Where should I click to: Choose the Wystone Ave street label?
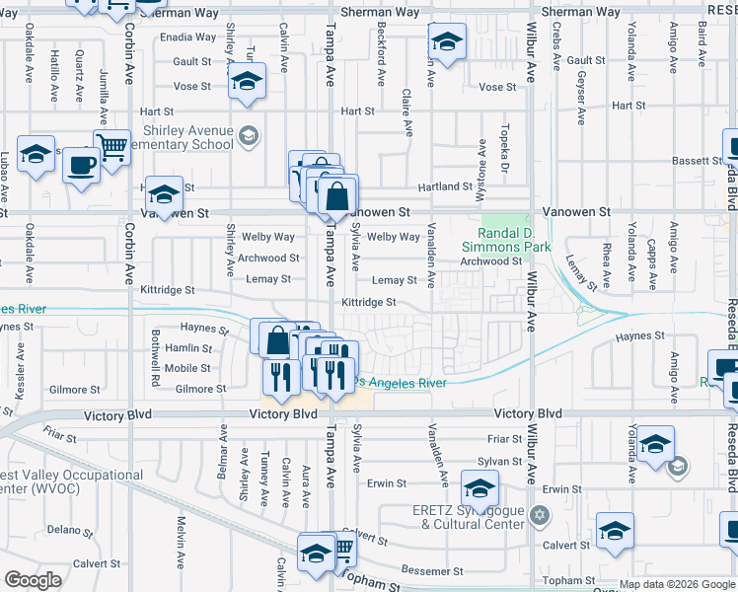pos(482,159)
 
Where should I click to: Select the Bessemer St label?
pos(432,571)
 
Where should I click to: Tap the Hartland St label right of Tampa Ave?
pos(445,186)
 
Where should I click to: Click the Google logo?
pos(33,580)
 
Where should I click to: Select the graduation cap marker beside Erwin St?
pos(480,488)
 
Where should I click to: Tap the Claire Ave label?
pos(407,116)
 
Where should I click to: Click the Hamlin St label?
pos(188,348)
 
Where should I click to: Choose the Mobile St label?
pos(187,368)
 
